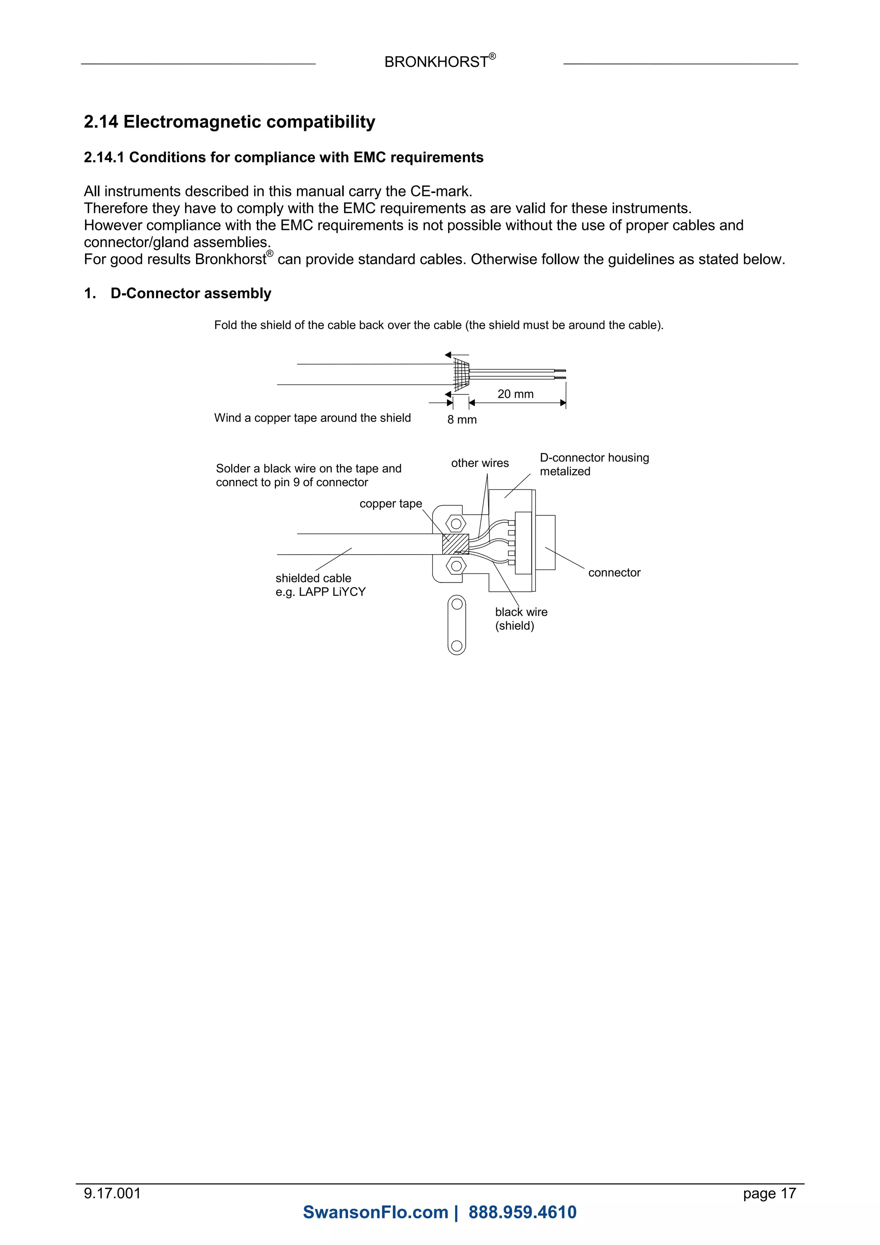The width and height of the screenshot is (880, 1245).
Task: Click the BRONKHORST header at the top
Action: click(437, 62)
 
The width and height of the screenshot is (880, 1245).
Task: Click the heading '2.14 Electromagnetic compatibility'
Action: click(229, 122)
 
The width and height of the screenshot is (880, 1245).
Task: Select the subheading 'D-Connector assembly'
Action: click(190, 293)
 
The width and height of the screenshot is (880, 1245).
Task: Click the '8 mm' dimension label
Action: click(461, 420)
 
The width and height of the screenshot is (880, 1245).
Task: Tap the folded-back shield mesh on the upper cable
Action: click(460, 374)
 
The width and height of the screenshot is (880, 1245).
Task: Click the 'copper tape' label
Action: click(391, 504)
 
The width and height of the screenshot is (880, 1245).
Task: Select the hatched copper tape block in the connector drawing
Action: click(455, 544)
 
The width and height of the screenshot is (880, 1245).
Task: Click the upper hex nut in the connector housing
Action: click(456, 524)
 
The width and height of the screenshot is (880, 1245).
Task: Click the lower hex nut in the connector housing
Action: click(456, 566)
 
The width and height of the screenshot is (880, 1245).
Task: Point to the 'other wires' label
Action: click(480, 463)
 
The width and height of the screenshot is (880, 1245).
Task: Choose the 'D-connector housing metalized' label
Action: click(594, 464)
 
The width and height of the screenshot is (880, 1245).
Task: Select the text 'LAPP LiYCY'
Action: click(333, 592)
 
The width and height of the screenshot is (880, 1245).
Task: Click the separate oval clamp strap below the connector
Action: click(457, 625)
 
